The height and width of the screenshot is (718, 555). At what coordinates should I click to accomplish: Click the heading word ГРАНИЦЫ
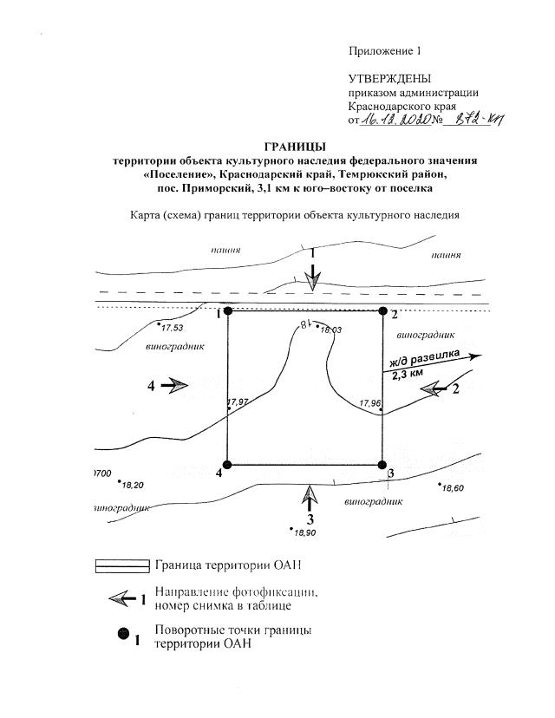pos(295,146)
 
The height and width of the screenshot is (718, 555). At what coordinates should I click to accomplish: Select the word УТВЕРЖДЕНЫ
pos(389,79)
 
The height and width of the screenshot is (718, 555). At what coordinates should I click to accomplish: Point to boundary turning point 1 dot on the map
pos(228,310)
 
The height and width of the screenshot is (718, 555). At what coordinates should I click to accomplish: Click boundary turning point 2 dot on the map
pos(382,310)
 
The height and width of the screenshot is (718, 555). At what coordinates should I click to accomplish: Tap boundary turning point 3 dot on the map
pos(382,465)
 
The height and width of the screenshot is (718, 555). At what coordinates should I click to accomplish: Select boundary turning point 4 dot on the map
pos(228,465)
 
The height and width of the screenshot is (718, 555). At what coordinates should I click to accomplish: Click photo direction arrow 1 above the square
pos(316,277)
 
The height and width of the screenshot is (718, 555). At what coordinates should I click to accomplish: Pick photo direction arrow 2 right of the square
pos(434,390)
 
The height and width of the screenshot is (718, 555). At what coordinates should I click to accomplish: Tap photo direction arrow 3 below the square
pos(308,499)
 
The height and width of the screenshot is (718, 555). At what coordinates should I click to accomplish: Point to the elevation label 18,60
pos(453,489)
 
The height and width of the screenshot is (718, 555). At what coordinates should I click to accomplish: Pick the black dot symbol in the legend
pos(123,635)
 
